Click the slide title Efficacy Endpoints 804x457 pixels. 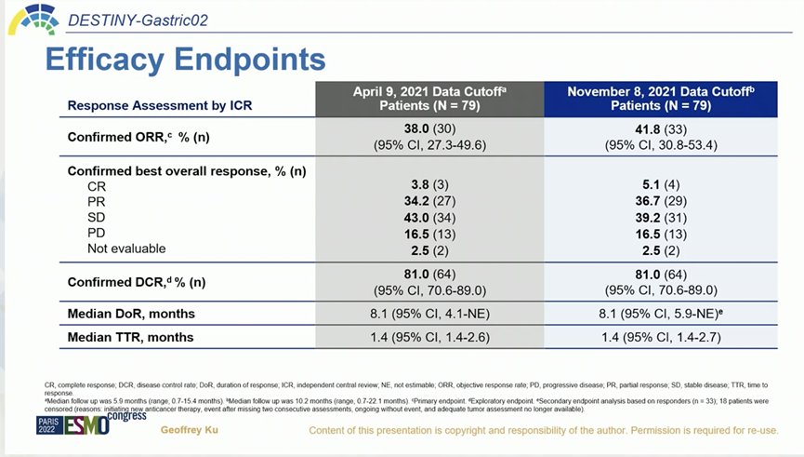(185, 60)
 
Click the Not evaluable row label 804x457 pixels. (126, 249)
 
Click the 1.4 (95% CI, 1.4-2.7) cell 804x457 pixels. (659, 336)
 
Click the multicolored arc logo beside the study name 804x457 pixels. (32, 18)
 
